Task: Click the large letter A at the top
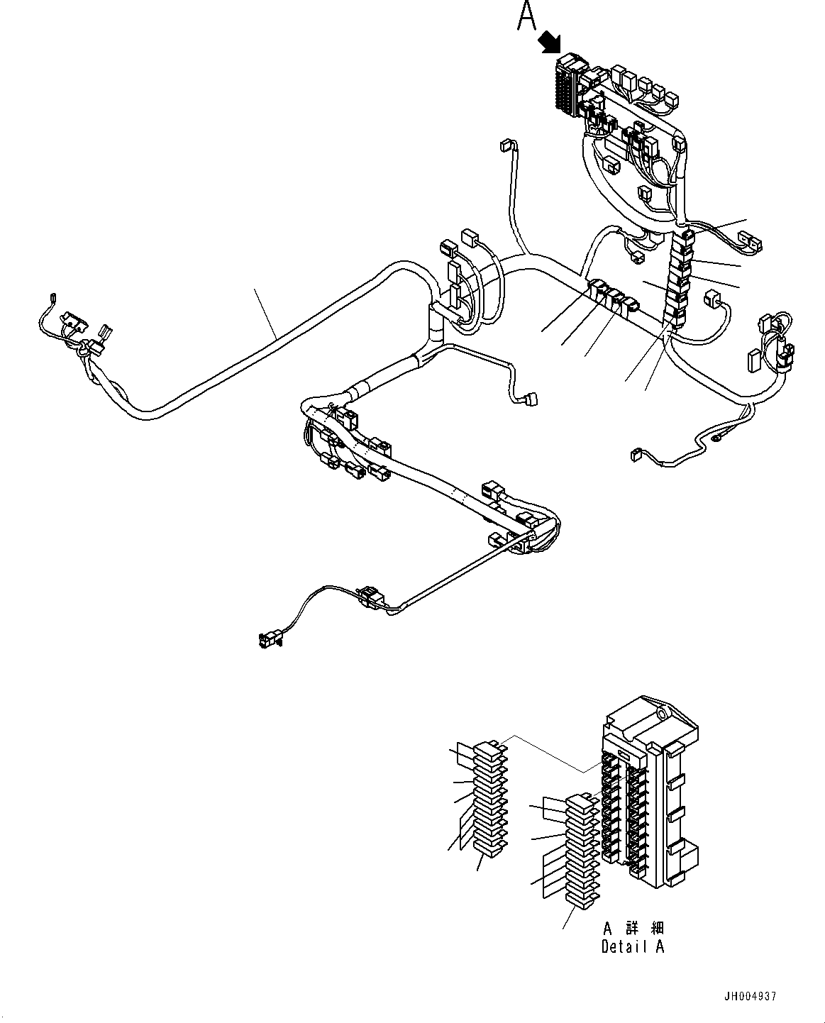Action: coord(526,16)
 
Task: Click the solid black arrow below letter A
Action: coord(548,43)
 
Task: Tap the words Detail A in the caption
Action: coord(633,946)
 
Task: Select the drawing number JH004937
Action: coord(751,996)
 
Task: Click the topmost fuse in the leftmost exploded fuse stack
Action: coord(487,750)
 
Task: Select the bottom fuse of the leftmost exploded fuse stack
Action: coord(488,845)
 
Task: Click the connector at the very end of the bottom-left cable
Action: coord(268,641)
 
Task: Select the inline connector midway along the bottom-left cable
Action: coord(370,597)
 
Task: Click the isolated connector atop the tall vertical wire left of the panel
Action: coord(506,145)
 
